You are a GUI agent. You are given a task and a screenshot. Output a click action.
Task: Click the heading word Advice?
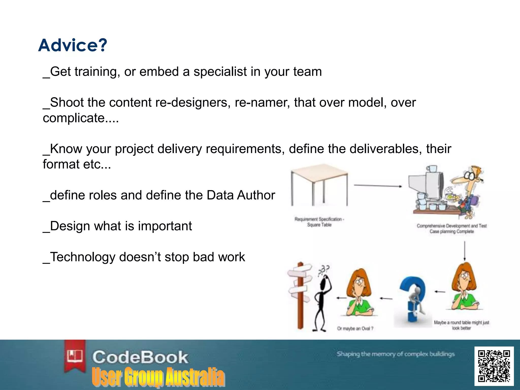tap(73, 45)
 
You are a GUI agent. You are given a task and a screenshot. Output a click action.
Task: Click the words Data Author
tap(241, 195)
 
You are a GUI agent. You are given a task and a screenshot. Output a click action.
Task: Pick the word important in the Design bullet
tap(165, 226)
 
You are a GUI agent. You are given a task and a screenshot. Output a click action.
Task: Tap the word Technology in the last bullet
tap(83, 257)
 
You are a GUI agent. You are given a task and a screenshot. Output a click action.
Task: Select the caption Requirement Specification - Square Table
tap(319, 222)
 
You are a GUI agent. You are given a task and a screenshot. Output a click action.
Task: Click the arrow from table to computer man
tap(378, 186)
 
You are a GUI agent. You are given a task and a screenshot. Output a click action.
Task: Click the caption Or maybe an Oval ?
tap(355, 329)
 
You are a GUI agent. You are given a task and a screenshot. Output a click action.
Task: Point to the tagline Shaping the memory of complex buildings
tap(395, 354)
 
